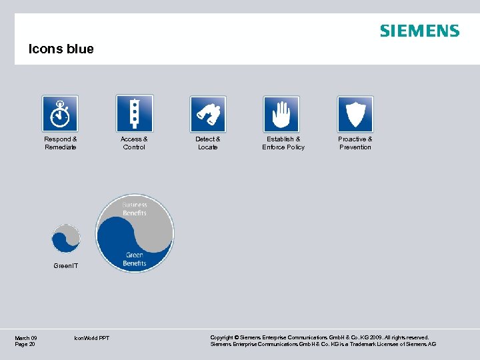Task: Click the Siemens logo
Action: pyautogui.click(x=419, y=31)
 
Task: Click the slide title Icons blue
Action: pyautogui.click(x=61, y=49)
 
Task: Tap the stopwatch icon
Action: pyautogui.click(x=60, y=113)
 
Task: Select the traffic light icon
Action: pyautogui.click(x=134, y=113)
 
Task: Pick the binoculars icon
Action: pyautogui.click(x=208, y=113)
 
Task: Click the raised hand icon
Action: pyautogui.click(x=281, y=113)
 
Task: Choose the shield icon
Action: pyautogui.click(x=355, y=113)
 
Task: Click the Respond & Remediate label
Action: pyautogui.click(x=61, y=143)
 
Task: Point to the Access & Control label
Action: pyautogui.click(x=134, y=143)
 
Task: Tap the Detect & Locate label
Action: pyautogui.click(x=208, y=143)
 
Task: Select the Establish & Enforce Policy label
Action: pyautogui.click(x=283, y=143)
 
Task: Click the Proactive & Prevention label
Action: pyautogui.click(x=355, y=143)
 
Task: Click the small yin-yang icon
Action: pyautogui.click(x=66, y=238)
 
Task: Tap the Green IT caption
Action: pyautogui.click(x=65, y=266)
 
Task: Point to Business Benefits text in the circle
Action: pyautogui.click(x=135, y=209)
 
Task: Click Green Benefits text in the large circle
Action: pyautogui.click(x=135, y=259)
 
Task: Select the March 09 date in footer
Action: pyautogui.click(x=26, y=338)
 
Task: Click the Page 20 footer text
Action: pyautogui.click(x=25, y=344)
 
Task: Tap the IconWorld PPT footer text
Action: pyautogui.click(x=93, y=338)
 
